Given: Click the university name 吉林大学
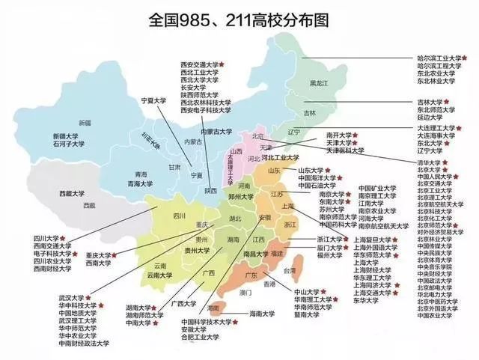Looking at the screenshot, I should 430,101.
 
